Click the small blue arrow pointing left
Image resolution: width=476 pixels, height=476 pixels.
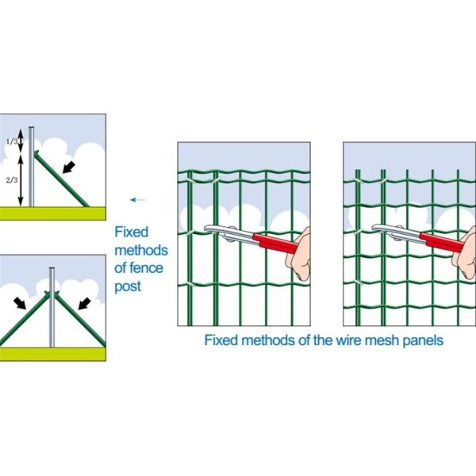[x=140, y=200]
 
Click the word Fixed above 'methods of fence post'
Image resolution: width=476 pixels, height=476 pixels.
[x=132, y=233]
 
